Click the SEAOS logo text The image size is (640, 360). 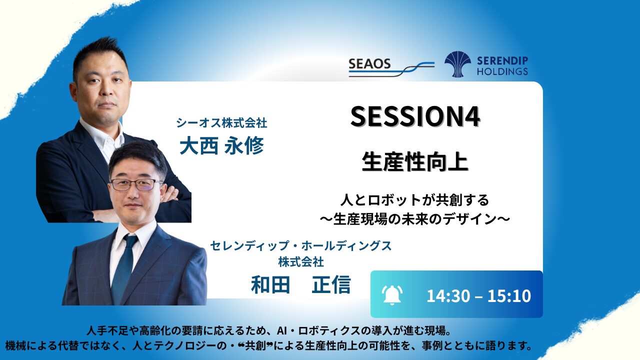point(369,63)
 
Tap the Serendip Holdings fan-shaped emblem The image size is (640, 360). point(457,64)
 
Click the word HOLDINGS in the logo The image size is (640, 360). point(502,71)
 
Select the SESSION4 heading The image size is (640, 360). point(415,116)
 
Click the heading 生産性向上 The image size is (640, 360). point(415,161)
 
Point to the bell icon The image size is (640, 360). point(392,295)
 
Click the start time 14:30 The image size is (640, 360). point(448,295)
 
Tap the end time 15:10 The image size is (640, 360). point(509,295)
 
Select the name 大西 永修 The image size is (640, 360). point(221,145)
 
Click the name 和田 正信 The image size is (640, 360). point(301,284)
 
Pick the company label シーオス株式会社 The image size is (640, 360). point(221,123)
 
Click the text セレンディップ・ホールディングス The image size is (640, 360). point(301,245)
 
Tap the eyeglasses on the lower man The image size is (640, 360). point(136,184)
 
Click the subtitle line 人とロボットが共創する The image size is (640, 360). point(415,200)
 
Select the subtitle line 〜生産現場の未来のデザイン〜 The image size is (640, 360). point(415,219)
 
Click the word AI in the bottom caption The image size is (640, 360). point(282,331)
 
